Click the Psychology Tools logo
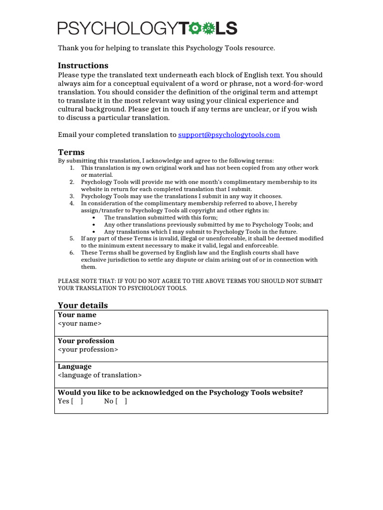tap(148, 28)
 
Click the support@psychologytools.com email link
tap(229, 134)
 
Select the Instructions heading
tap(83, 65)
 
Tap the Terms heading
tap(71, 152)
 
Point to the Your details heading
tap(83, 305)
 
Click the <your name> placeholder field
tap(80, 324)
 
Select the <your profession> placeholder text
tap(88, 350)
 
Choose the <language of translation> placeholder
tap(100, 376)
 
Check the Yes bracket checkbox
tap(77, 401)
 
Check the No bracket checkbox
tap(121, 401)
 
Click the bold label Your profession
tap(86, 341)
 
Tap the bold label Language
tap(75, 367)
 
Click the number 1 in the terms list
tap(72, 168)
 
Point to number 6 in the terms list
tap(72, 253)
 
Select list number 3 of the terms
tap(72, 196)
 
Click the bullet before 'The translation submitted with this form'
tap(95, 218)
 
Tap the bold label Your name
tap(77, 315)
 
